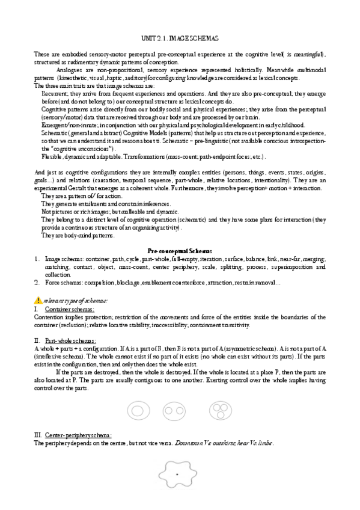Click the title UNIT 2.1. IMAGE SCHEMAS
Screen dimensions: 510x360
(180, 38)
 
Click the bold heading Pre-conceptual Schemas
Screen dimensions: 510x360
(180, 250)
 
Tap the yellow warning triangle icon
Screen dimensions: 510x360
(38, 300)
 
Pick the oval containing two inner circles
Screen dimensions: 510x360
(177, 411)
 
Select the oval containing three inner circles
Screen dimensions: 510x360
(219, 411)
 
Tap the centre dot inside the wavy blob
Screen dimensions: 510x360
(178, 475)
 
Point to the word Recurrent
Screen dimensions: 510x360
(54, 94)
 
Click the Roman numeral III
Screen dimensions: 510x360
(38, 435)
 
